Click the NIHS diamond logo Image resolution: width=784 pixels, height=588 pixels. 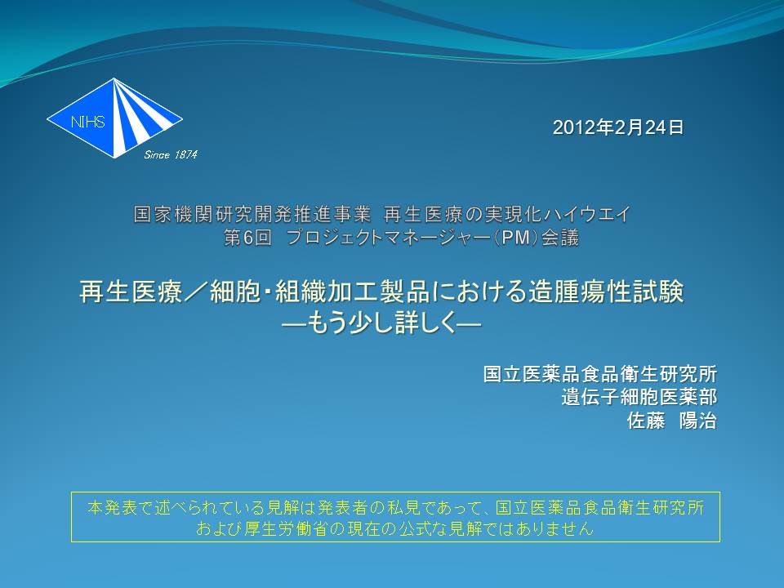114,118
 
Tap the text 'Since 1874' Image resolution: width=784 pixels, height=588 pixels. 171,155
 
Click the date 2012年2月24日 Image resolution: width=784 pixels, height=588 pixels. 618,127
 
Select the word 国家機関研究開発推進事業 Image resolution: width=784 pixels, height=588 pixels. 252,215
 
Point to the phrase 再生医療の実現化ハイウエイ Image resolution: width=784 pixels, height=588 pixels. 507,215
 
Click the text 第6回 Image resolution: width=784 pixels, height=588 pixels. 248,238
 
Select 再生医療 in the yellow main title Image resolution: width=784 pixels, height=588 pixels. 131,292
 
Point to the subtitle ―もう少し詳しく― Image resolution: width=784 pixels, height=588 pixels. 381,323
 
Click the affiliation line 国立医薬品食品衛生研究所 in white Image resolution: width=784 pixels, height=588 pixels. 600,374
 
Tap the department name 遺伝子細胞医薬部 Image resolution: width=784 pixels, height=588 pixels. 639,397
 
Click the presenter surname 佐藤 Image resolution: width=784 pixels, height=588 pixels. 646,421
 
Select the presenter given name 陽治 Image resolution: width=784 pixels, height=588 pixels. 698,421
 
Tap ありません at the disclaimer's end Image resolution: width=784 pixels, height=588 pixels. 555,528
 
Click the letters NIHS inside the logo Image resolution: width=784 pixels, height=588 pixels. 88,122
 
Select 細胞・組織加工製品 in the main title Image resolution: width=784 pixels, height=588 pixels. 319,292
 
